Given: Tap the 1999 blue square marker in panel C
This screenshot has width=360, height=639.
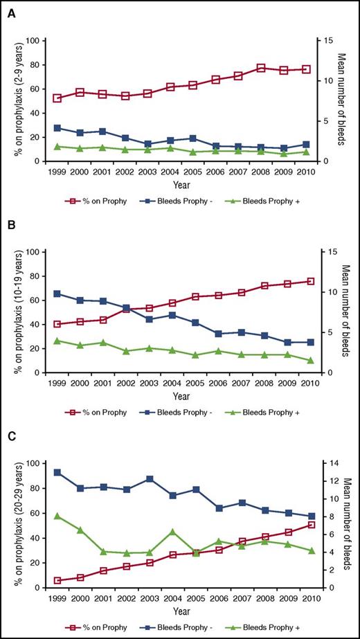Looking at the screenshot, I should pos(57,472).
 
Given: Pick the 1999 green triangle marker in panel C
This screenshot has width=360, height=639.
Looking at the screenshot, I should pos(57,516).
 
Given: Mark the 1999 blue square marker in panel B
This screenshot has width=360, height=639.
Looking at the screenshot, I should pos(57,294).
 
